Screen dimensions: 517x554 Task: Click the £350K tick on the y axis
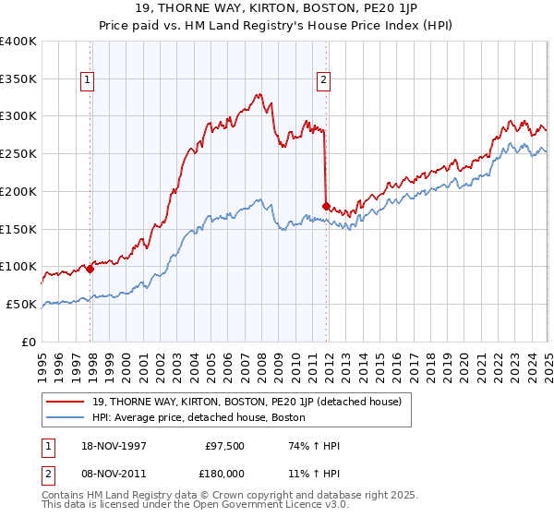(x=18, y=78)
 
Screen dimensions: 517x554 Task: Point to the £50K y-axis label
(x=21, y=304)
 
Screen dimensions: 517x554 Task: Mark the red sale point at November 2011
(x=326, y=206)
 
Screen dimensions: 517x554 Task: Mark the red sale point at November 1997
(x=90, y=269)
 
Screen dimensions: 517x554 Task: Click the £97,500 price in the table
(x=223, y=446)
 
